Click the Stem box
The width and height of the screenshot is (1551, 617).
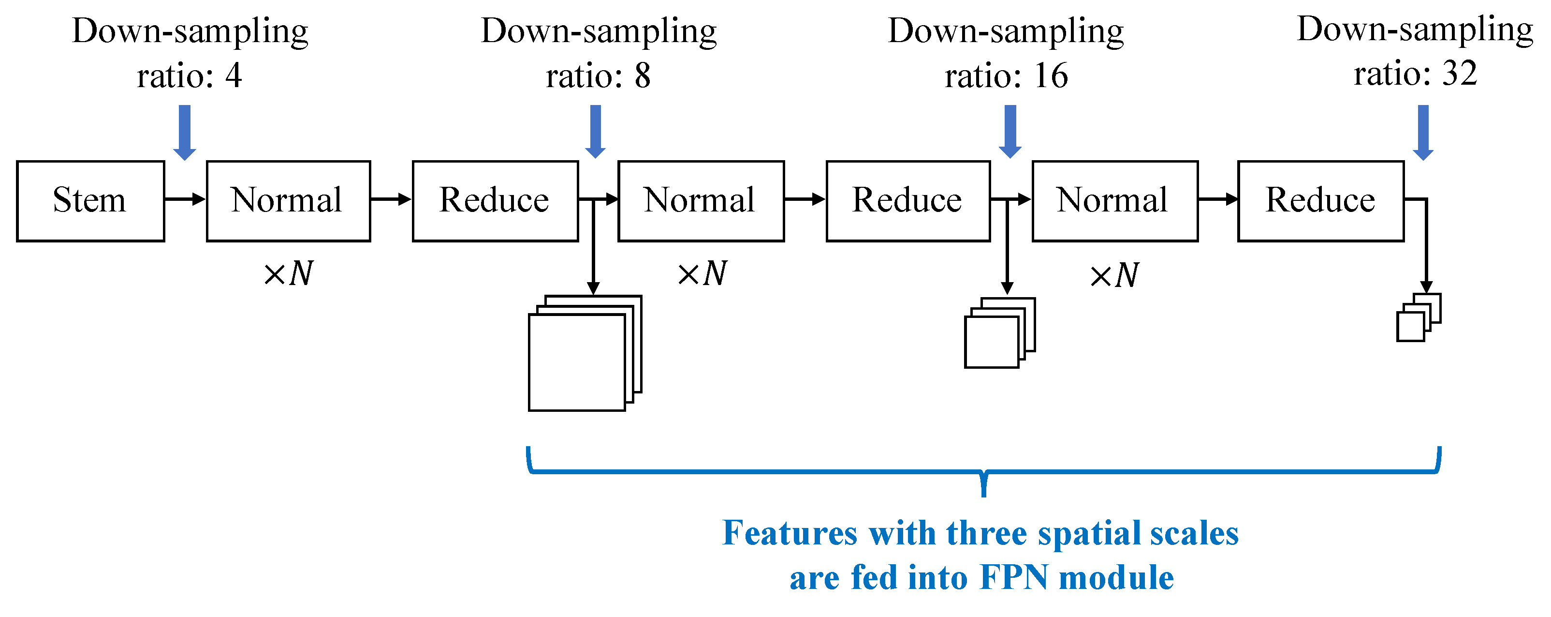[x=90, y=201]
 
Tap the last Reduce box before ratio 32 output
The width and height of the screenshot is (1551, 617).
[x=1321, y=201]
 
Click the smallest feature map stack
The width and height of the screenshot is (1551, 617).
[x=1418, y=317]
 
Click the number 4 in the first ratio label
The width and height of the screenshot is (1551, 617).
[x=234, y=76]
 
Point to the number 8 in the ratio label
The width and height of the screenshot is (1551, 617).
[x=643, y=76]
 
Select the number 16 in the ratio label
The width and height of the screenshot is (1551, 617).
[x=1051, y=76]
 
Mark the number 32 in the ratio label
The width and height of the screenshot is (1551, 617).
[x=1460, y=74]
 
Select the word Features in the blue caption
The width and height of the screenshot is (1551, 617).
[x=790, y=533]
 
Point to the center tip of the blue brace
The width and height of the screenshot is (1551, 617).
[x=984, y=494]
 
